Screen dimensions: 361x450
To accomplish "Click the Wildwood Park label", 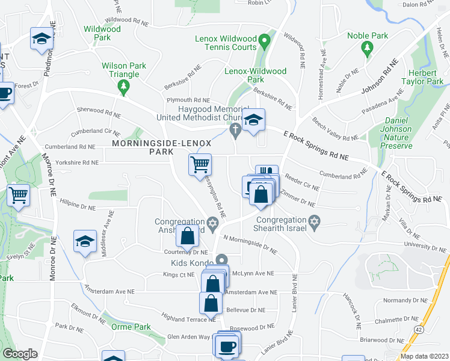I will (x=98, y=32).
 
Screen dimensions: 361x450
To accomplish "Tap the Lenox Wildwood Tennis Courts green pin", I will (x=264, y=43).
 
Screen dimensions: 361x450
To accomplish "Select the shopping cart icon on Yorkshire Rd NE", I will (x=200, y=164).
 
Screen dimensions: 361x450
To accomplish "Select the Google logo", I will (x=20, y=354).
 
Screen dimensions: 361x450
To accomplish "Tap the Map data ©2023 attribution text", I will (x=425, y=356).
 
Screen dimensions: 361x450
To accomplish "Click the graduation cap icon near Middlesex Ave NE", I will (x=85, y=242).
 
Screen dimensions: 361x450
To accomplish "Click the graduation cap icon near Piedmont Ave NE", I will (x=42, y=39).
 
